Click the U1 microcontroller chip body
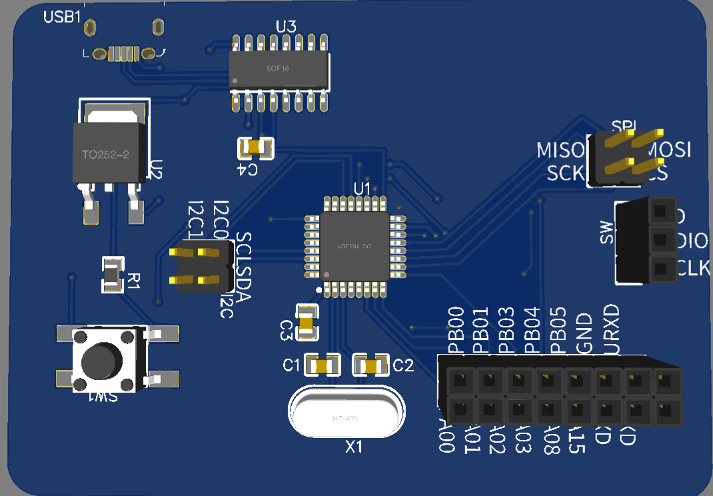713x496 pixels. pyautogui.click(x=355, y=247)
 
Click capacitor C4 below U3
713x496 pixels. pyautogui.click(x=256, y=147)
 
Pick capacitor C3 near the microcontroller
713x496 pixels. pyautogui.click(x=307, y=322)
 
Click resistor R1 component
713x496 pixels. pyautogui.click(x=112, y=274)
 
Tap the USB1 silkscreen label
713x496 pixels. pyautogui.click(x=62, y=17)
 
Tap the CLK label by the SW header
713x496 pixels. pyautogui.click(x=692, y=269)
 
